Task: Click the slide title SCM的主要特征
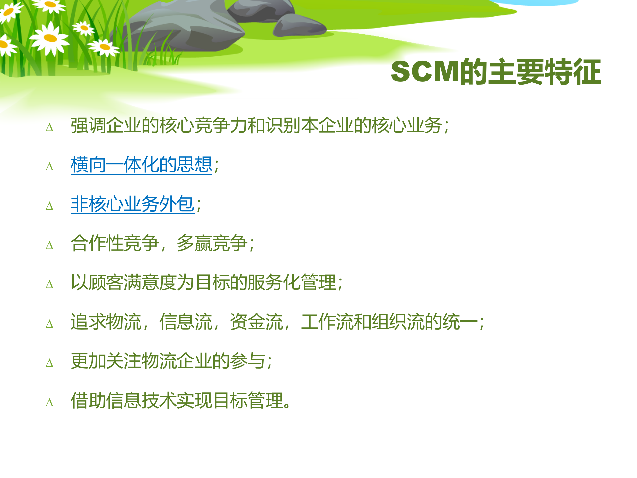496,72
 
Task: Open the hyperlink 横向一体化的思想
141,165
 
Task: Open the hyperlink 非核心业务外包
132,204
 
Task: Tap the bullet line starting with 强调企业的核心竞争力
259,125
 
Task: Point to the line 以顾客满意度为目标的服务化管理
206,282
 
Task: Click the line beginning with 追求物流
277,322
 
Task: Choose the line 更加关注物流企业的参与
171,361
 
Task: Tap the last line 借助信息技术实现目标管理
181,400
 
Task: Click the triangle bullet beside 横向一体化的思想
50,166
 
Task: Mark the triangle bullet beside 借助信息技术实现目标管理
50,403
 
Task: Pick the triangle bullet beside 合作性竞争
50,245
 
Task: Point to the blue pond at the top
534,2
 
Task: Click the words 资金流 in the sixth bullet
256,322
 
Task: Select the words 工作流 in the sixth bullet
327,322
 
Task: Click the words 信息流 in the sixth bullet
185,322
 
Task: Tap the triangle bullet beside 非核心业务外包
50,206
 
